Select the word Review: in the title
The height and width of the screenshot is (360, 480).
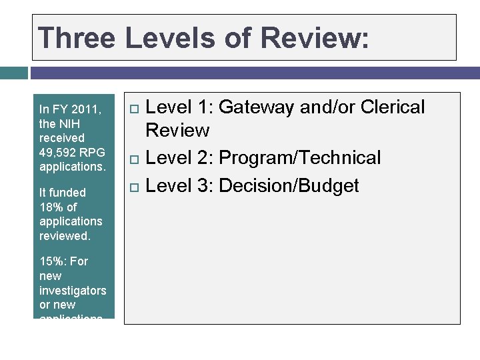click(315, 38)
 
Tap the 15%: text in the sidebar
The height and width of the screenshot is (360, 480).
click(53, 261)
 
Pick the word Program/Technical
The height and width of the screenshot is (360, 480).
click(300, 158)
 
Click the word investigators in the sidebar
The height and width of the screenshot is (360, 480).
click(73, 290)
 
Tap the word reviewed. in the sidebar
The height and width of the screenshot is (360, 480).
click(64, 236)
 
